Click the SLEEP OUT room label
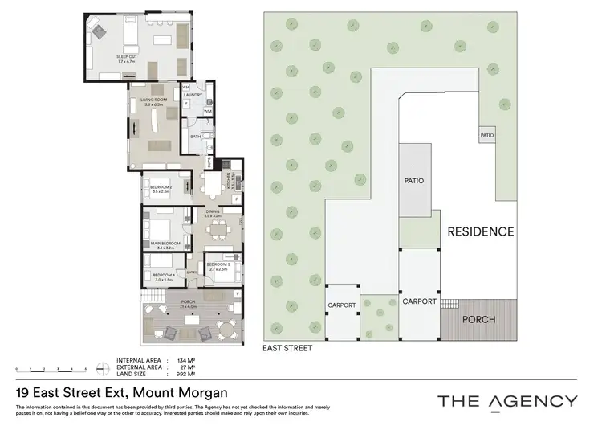(x=125, y=57)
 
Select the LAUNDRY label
(x=193, y=95)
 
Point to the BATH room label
(x=195, y=137)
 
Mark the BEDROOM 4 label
(x=164, y=275)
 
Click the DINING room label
(x=213, y=213)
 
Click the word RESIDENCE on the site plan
(x=480, y=231)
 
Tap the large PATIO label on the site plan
(x=413, y=181)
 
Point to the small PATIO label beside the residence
(x=487, y=135)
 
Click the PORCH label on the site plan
(x=478, y=319)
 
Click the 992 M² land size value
(x=184, y=374)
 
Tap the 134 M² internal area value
(x=184, y=361)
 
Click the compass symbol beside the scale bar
(x=101, y=369)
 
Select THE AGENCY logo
(x=506, y=401)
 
